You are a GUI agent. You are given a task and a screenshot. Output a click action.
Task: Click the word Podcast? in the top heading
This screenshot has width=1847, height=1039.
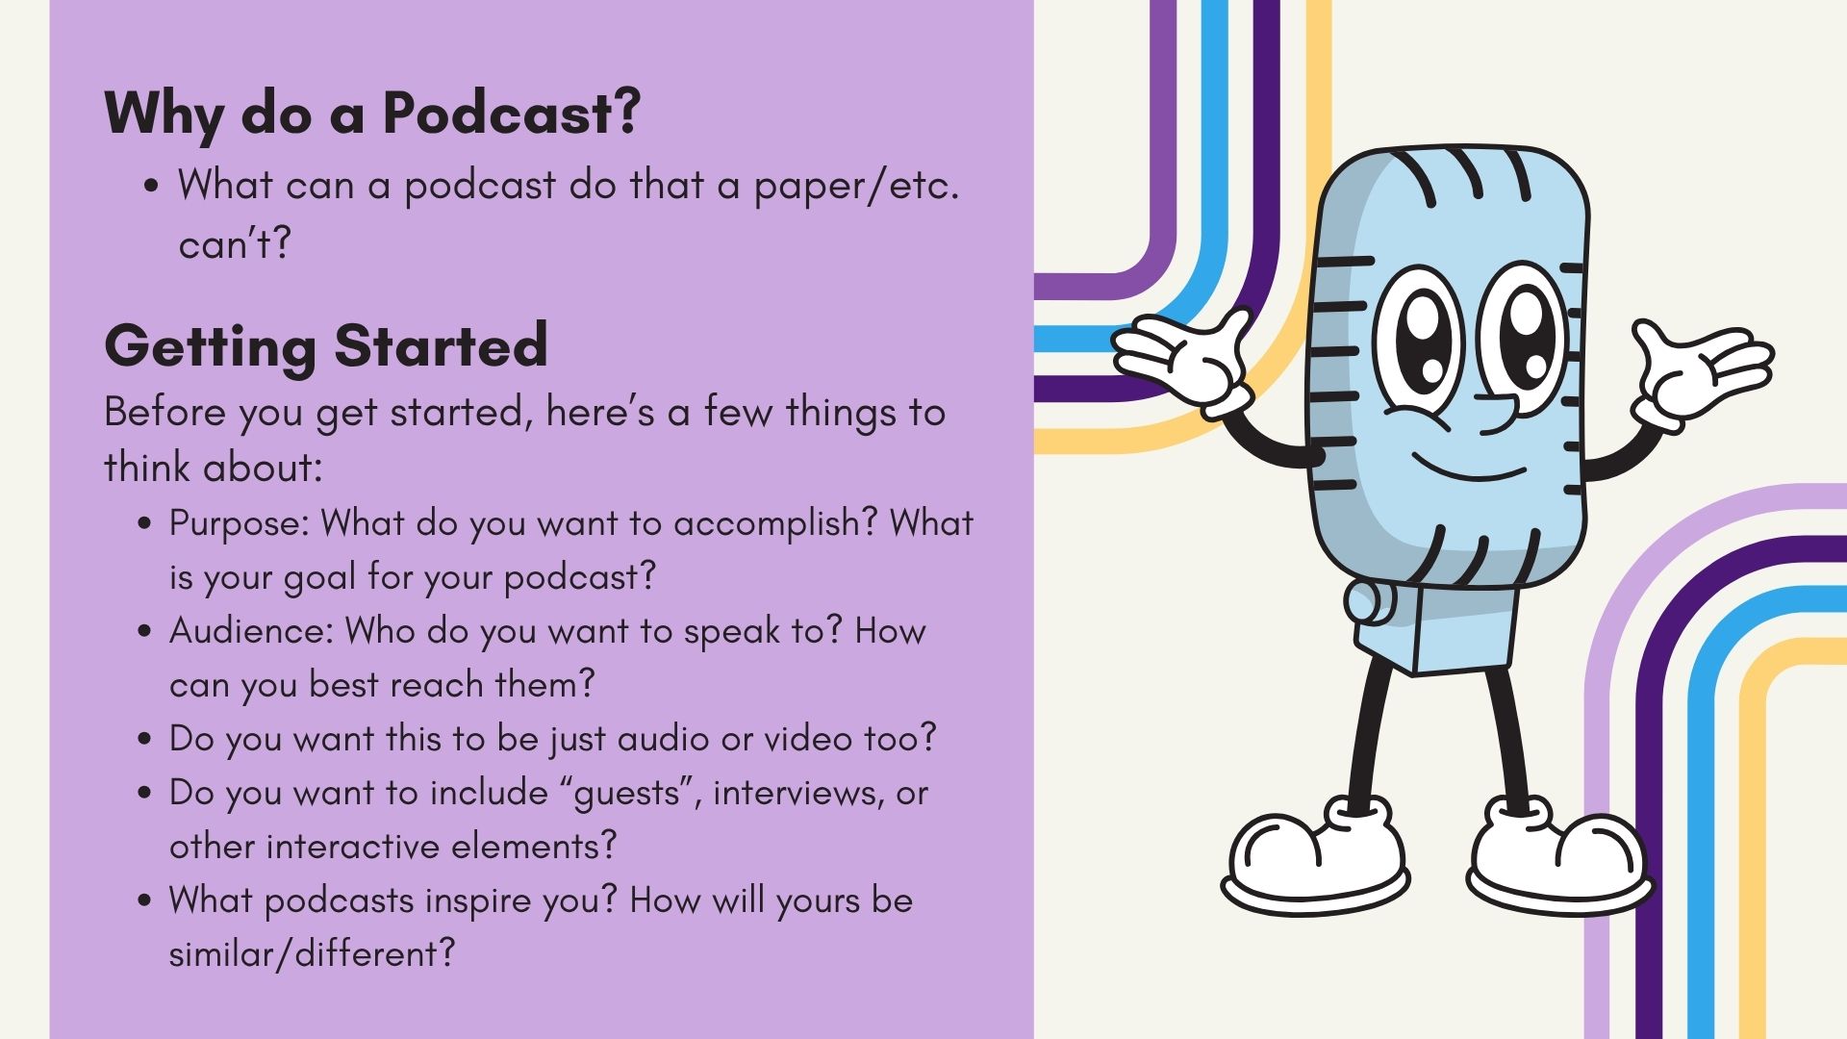click(511, 114)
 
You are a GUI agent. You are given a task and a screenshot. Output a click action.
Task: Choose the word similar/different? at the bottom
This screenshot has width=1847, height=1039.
click(312, 953)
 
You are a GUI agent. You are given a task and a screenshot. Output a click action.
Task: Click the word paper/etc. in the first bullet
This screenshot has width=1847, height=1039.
click(856, 186)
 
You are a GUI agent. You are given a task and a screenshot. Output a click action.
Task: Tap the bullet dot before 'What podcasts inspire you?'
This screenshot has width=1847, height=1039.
click(145, 901)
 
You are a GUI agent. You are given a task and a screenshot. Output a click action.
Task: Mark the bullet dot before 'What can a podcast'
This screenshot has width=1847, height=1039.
click(152, 187)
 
